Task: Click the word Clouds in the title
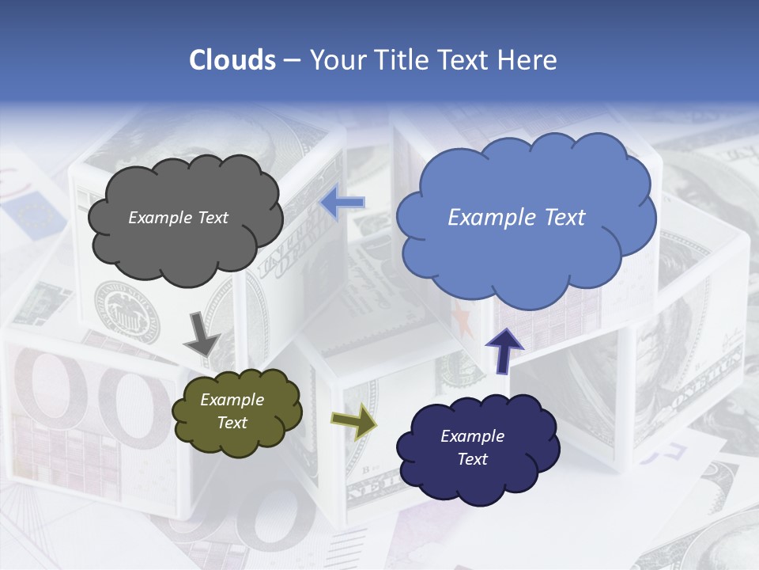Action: [x=232, y=60]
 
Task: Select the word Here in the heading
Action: [x=527, y=60]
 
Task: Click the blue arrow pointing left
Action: [x=342, y=203]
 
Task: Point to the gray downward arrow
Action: [x=202, y=334]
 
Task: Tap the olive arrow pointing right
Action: [x=353, y=422]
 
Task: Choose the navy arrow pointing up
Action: [x=504, y=351]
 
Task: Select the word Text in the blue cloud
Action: [x=561, y=218]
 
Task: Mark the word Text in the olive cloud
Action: [x=232, y=423]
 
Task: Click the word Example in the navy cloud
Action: [x=472, y=436]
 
